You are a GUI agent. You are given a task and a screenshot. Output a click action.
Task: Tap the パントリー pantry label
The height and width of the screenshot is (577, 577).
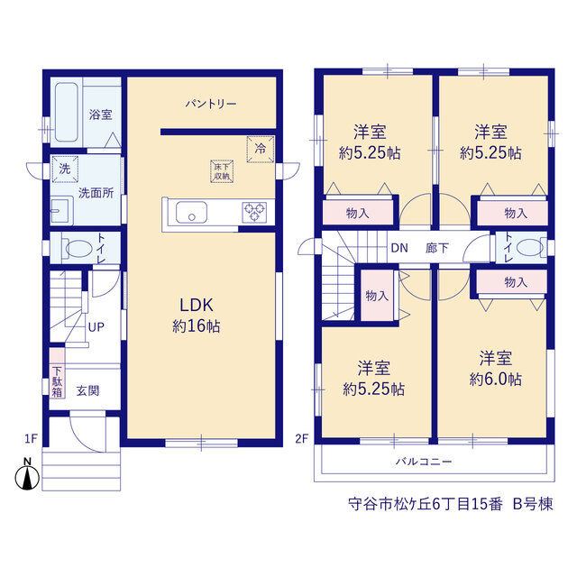click(x=211, y=105)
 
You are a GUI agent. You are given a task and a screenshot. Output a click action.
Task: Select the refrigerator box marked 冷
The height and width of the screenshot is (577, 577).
click(x=261, y=149)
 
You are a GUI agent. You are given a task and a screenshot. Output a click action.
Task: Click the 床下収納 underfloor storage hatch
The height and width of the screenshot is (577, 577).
click(x=222, y=171)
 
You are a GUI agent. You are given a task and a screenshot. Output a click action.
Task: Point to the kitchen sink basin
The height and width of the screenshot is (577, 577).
click(x=191, y=213)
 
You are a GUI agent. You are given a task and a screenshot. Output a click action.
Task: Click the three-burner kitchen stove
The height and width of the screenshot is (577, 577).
click(x=254, y=213)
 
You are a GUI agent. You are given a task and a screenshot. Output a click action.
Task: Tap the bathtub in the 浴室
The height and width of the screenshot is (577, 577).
click(x=66, y=112)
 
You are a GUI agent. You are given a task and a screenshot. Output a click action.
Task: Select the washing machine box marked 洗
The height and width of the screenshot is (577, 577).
click(x=65, y=169)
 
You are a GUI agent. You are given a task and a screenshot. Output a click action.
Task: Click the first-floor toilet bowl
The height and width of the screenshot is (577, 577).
click(x=78, y=249)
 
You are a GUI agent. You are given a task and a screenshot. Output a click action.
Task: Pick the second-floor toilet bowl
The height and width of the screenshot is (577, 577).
click(x=530, y=247)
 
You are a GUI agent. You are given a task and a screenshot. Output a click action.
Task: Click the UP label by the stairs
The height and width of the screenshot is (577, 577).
click(x=96, y=326)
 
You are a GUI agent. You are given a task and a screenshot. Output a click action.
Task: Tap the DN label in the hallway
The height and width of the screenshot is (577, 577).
click(x=399, y=248)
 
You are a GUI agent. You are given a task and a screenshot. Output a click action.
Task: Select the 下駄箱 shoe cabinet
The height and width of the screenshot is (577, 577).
click(x=57, y=372)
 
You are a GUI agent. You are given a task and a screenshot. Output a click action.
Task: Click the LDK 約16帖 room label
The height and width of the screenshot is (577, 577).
click(x=197, y=316)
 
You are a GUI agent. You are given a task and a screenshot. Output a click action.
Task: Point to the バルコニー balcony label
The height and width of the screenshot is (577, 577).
click(x=424, y=462)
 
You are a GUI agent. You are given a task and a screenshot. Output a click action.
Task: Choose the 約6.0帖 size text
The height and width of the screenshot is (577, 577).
click(x=495, y=379)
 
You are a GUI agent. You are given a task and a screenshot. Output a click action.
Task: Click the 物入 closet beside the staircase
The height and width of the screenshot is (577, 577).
click(x=377, y=296)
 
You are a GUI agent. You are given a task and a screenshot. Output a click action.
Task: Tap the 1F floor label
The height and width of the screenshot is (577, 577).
click(x=31, y=439)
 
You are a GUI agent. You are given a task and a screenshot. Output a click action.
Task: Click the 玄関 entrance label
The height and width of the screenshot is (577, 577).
click(x=88, y=390)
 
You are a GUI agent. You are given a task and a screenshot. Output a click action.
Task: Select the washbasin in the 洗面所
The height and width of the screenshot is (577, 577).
click(x=60, y=211)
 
